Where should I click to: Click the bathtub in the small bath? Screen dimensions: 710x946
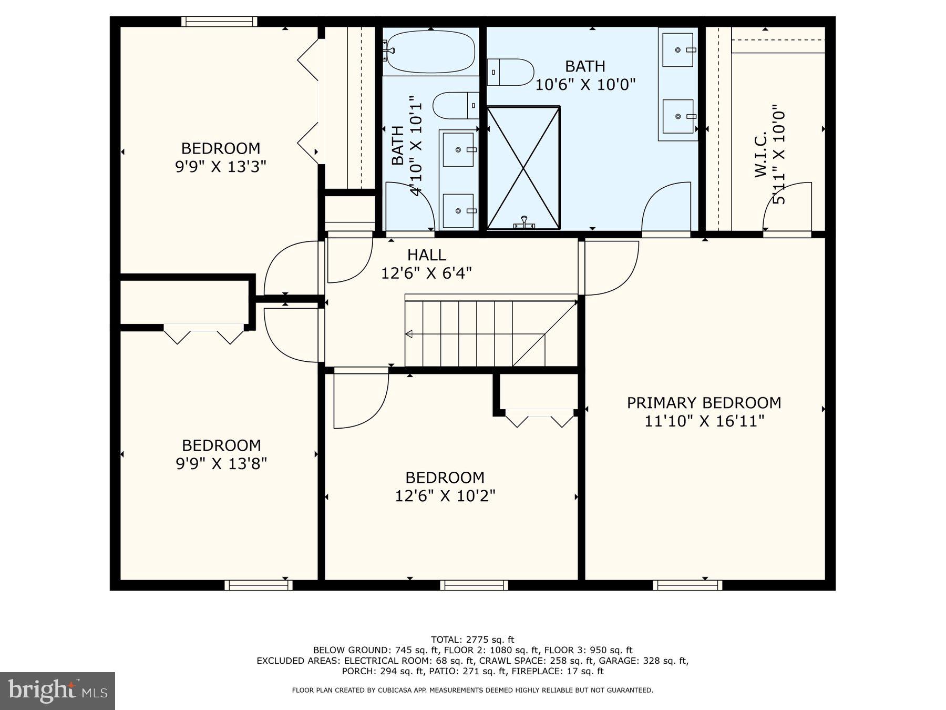click(430, 52)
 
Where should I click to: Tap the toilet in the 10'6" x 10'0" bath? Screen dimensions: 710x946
click(510, 73)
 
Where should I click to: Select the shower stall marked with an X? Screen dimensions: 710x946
click(523, 168)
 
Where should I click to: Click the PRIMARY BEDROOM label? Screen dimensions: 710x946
click(704, 403)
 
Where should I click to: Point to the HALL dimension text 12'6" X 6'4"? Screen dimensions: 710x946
click(426, 273)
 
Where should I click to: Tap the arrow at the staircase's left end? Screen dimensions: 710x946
click(409, 334)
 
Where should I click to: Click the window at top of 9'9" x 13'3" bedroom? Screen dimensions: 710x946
click(219, 22)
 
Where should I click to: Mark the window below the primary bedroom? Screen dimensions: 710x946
click(687, 585)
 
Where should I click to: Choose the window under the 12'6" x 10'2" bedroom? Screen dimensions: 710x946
click(474, 585)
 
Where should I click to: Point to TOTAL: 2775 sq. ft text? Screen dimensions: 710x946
click(472, 640)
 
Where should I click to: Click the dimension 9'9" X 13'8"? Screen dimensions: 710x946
click(221, 464)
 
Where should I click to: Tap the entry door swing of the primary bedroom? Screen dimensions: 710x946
click(611, 267)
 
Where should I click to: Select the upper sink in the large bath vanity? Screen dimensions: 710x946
click(678, 50)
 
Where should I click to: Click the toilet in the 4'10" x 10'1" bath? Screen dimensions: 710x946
click(456, 105)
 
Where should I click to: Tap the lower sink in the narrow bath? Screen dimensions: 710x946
click(458, 210)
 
